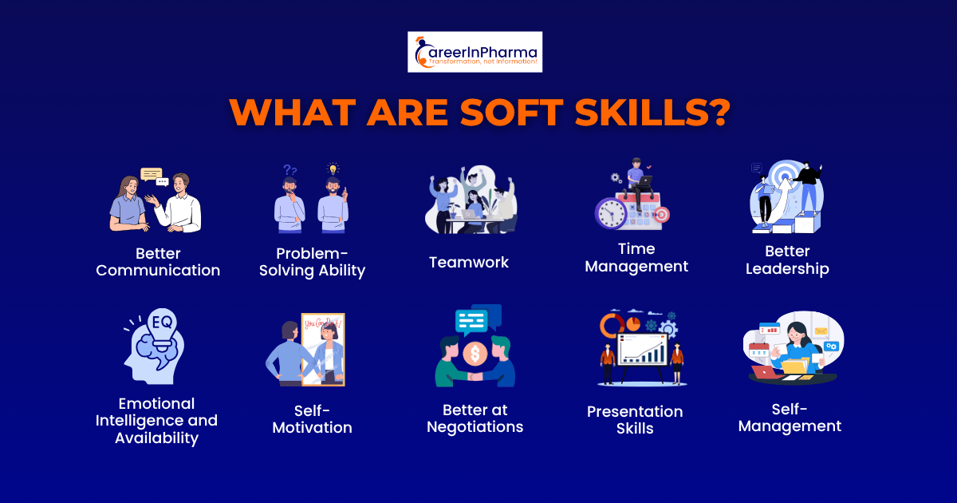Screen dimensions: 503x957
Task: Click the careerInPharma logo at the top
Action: pos(475,52)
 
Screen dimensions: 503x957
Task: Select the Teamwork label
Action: pos(468,262)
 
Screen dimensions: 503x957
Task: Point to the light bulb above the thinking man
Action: pos(333,168)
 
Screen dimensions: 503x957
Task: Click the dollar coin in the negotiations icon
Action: pos(475,352)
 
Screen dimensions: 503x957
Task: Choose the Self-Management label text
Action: pos(790,418)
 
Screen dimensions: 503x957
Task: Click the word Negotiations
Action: pos(475,427)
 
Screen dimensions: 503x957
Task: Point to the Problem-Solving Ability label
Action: pos(312,262)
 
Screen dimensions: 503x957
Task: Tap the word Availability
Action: pos(156,438)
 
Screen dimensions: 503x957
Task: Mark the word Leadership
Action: pos(787,269)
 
